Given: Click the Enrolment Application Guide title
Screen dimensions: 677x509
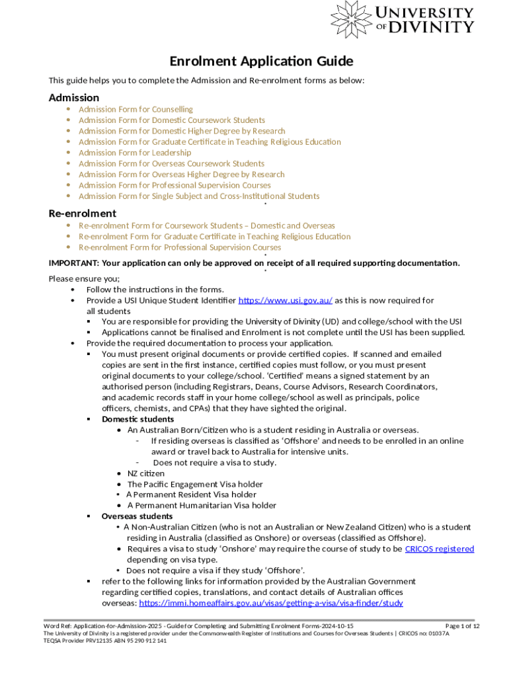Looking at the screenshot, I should click(x=261, y=61).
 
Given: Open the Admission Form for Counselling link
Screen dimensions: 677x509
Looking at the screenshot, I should click(x=136, y=109).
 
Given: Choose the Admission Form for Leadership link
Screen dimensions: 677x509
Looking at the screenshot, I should click(x=135, y=153).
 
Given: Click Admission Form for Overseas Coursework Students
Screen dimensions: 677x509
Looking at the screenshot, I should click(x=171, y=163).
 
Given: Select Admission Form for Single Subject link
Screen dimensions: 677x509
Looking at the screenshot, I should click(x=199, y=196).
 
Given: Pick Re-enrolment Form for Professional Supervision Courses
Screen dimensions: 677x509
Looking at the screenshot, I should click(x=180, y=247).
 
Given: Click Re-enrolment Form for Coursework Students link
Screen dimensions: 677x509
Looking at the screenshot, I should click(x=207, y=225).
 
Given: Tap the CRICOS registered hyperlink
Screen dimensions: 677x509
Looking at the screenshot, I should click(x=440, y=549).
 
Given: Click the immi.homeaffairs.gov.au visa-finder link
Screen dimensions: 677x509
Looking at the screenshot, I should click(x=271, y=603).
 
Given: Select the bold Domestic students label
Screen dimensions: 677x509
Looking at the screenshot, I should click(x=137, y=419).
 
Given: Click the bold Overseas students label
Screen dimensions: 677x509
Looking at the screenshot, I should click(x=137, y=516).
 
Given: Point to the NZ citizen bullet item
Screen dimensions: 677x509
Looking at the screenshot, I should click(x=146, y=473).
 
